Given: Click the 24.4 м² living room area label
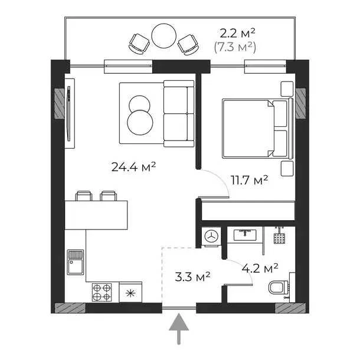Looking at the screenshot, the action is [133, 167].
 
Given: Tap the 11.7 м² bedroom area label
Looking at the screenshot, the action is [249, 180].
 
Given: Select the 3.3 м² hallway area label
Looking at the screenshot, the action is [192, 277].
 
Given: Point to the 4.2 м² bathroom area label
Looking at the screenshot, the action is [260, 268].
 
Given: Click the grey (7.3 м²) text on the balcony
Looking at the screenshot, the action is [235, 47].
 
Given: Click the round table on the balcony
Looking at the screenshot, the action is [164, 36].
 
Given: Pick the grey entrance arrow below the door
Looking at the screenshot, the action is [179, 329].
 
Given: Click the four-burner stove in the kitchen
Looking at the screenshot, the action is [102, 292].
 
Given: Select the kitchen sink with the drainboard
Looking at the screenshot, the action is [76, 263].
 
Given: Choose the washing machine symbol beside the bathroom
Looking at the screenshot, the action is [211, 236].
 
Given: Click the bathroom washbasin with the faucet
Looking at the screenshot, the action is [245, 235].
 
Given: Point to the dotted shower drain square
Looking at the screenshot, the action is [279, 238].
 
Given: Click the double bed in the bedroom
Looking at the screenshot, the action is [257, 128].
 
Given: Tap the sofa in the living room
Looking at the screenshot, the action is [179, 114].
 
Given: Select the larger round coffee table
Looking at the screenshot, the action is [140, 122].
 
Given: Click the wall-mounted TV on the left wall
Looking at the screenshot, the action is [68, 114].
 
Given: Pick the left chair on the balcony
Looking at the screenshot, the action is [139, 44].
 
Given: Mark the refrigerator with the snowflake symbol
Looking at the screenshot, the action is [130, 293].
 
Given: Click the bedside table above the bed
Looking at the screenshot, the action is [287, 89].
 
